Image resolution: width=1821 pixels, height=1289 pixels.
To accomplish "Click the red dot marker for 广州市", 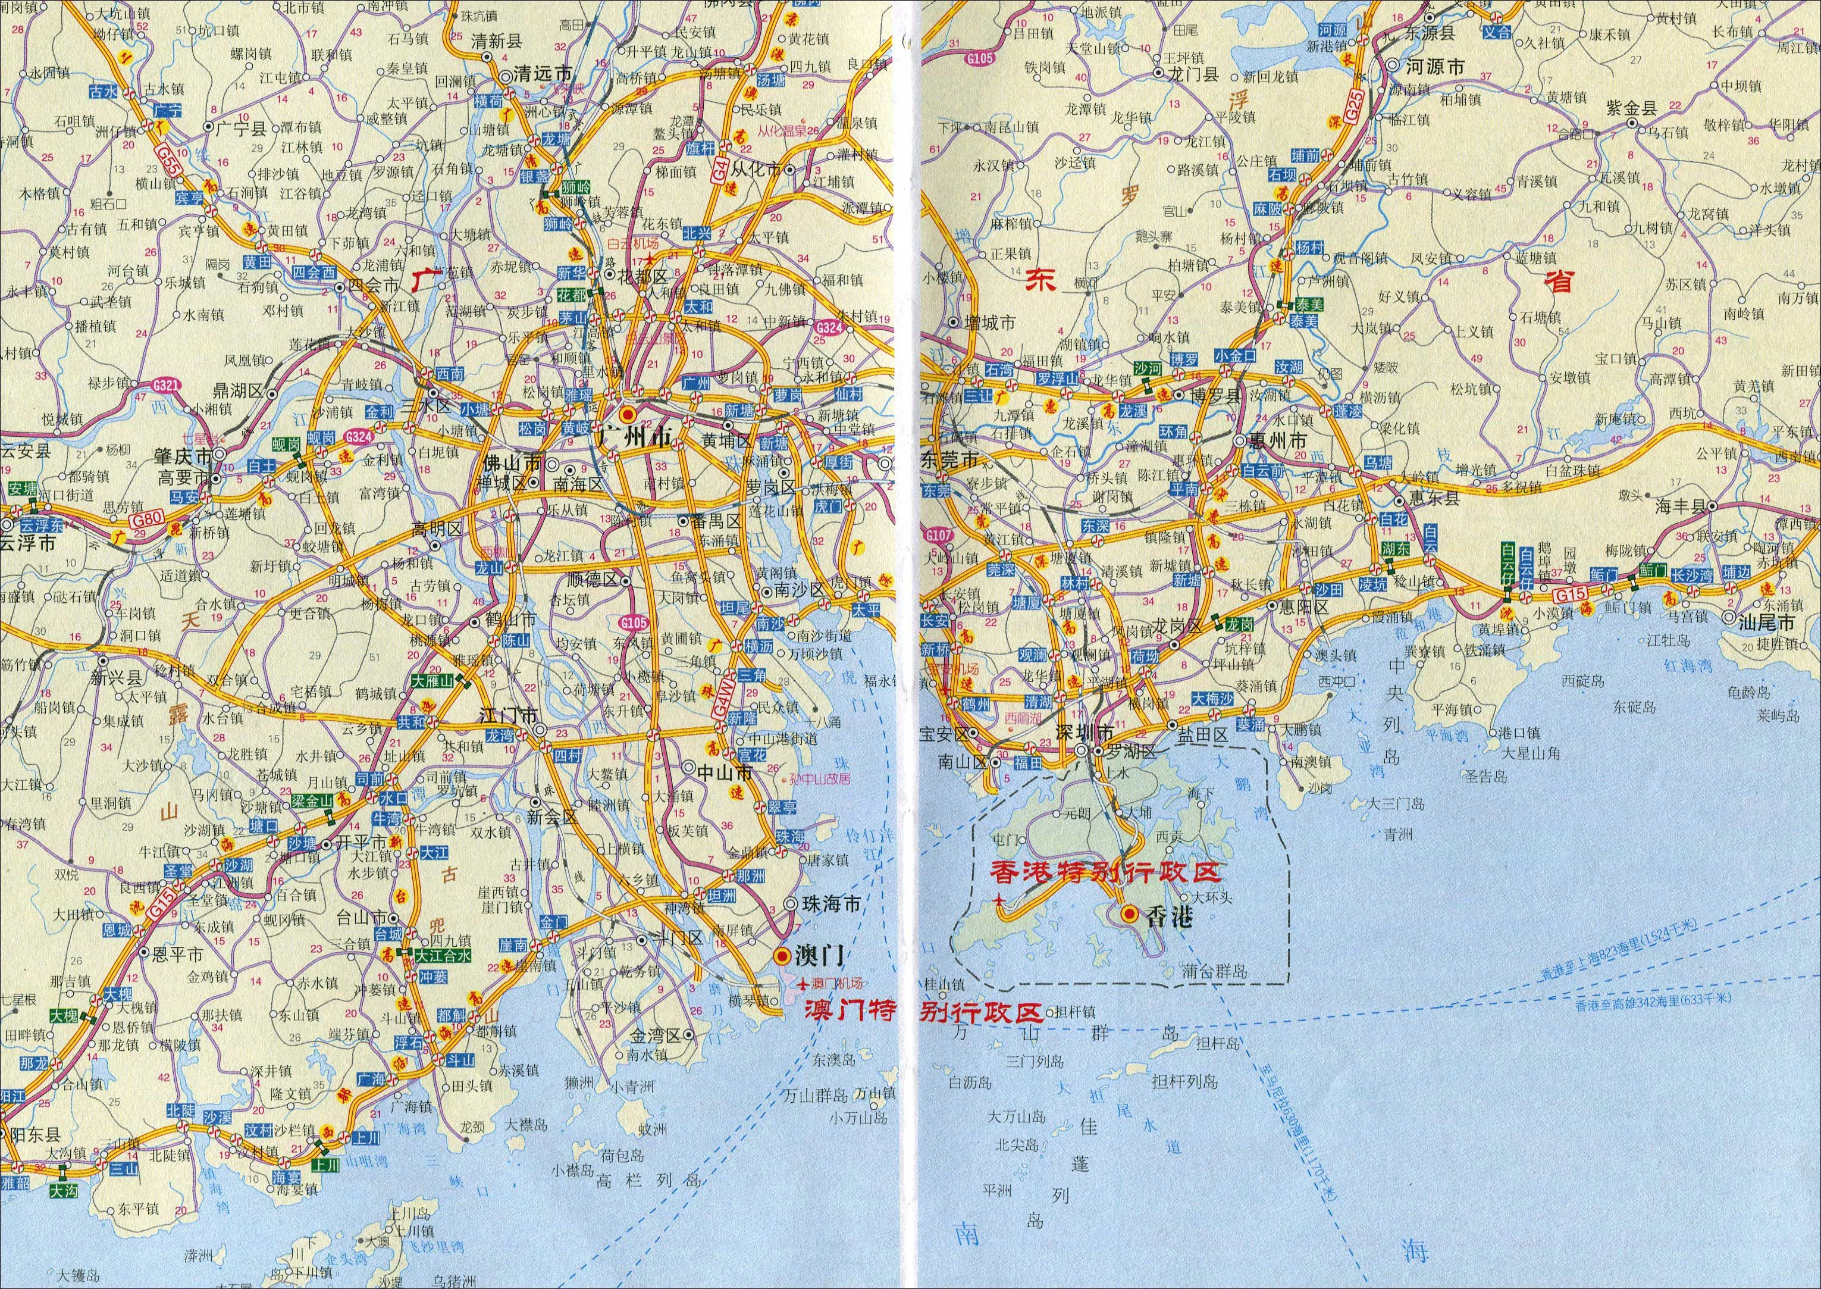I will [627, 414].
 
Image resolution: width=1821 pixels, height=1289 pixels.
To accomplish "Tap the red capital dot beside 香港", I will [1127, 913].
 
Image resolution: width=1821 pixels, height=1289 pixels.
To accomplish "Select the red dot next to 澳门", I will [783, 955].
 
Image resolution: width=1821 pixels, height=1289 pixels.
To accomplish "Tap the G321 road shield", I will [167, 386].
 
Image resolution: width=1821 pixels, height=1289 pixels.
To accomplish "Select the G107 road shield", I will [938, 536].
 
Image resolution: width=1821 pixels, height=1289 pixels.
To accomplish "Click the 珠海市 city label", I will [832, 904].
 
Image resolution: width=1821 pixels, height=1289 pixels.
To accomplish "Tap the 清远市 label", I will [543, 74].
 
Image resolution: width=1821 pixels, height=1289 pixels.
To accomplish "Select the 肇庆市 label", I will [183, 456].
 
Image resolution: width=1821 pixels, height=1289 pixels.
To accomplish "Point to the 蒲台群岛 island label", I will [1214, 970].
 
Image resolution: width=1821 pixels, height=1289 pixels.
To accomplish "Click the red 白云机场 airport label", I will [633, 243].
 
